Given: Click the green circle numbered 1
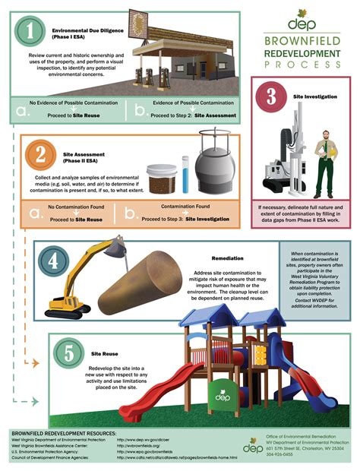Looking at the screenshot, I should coord(30,31).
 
